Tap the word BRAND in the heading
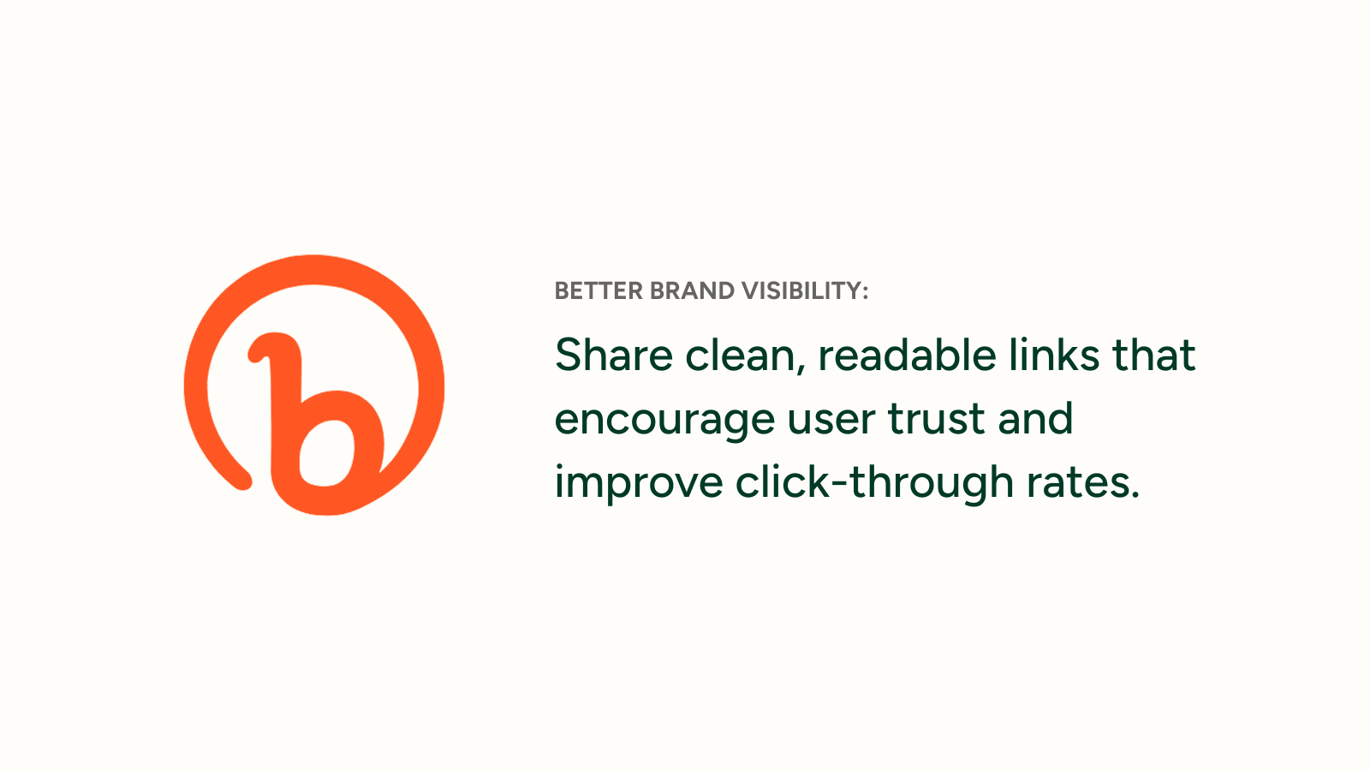coord(692,291)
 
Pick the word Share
coord(613,355)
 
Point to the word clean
coord(740,356)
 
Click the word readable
coord(907,355)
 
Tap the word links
coord(1053,355)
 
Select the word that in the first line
coord(1153,356)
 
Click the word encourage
coord(664,421)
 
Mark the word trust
coord(937,420)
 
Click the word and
coord(1035,419)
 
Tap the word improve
coord(639,484)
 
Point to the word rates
coord(1075,483)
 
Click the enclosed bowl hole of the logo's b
coord(326,453)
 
